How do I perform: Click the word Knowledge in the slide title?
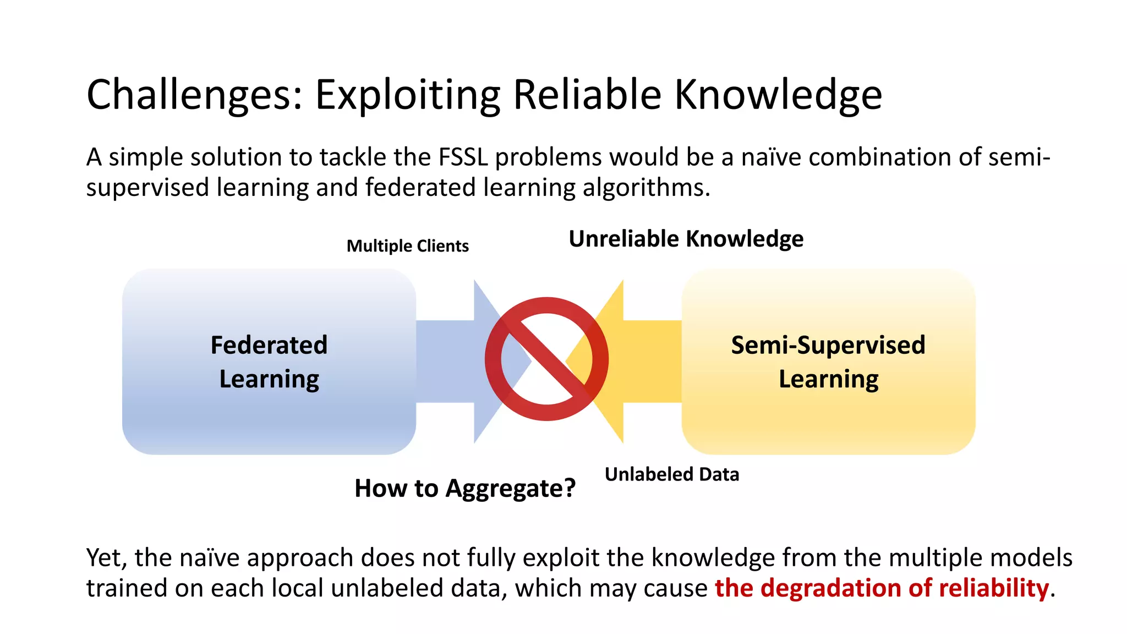(x=778, y=95)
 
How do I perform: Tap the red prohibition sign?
(x=546, y=359)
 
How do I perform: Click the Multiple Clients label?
(x=407, y=245)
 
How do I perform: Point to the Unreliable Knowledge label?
(x=686, y=239)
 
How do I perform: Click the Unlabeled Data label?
(x=671, y=474)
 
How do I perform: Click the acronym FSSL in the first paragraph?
(x=463, y=157)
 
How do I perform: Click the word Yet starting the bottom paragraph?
(x=106, y=558)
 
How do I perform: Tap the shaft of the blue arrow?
(x=445, y=362)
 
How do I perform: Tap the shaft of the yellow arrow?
(x=652, y=362)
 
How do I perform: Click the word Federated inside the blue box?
(x=269, y=345)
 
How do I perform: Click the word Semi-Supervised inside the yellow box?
(x=828, y=345)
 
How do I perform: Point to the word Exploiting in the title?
(x=407, y=95)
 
